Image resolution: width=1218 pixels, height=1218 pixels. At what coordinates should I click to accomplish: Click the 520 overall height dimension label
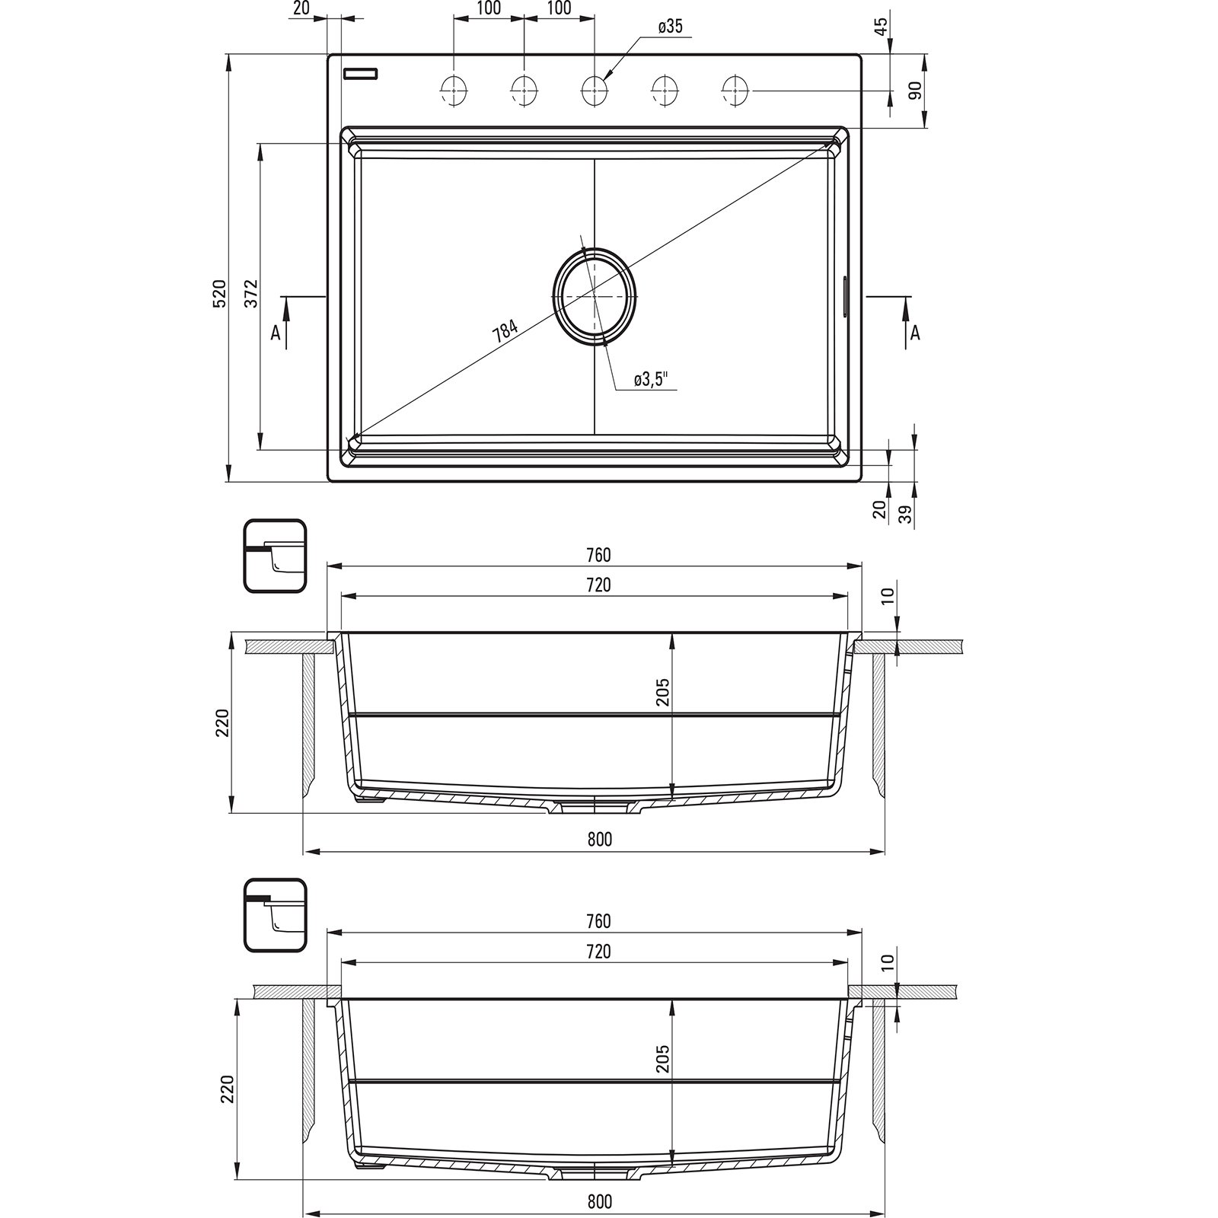[x=219, y=293]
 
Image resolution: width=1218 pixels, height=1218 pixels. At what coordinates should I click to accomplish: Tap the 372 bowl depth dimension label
[x=251, y=293]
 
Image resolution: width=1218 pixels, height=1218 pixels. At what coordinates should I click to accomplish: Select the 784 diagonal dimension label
[x=505, y=332]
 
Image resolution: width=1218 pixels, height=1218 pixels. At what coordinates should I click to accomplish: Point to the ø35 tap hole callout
[x=670, y=27]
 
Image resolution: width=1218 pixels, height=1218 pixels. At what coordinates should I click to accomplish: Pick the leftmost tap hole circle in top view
[x=454, y=91]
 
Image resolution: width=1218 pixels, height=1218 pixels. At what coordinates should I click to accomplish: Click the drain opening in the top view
[x=595, y=294]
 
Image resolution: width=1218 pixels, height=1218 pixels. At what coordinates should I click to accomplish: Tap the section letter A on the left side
[x=276, y=333]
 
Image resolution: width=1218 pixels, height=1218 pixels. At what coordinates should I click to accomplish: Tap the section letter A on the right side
[x=916, y=333]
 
